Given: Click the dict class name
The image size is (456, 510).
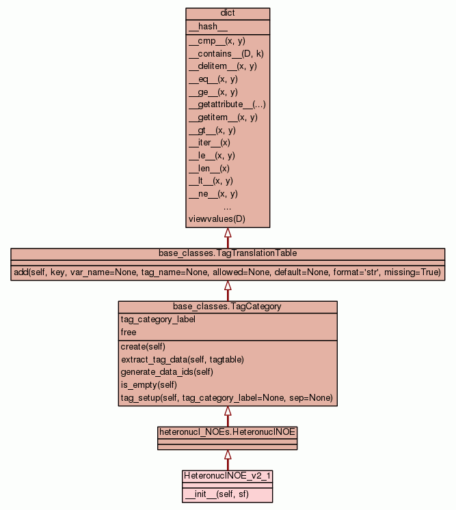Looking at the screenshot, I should (x=228, y=14).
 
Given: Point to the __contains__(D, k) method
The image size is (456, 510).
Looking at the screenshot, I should (x=222, y=53).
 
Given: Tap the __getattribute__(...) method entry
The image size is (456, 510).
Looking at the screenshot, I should (x=227, y=104).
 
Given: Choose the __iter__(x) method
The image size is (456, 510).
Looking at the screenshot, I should (x=209, y=143).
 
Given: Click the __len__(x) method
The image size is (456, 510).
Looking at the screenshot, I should (x=209, y=168).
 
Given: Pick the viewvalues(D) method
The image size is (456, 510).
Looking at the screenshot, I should (x=217, y=219).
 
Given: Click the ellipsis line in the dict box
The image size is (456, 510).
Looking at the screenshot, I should (x=228, y=206).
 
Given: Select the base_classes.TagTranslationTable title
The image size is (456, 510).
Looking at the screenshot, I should (x=228, y=253).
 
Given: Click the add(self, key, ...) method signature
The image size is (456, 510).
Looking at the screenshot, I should (x=228, y=272).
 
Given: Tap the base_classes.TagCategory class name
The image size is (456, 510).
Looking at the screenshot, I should (x=227, y=307).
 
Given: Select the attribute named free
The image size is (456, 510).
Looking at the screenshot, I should (x=129, y=332).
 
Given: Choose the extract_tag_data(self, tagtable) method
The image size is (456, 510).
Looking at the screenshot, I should (x=183, y=359).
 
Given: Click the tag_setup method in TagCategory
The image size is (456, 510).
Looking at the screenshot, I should (x=226, y=398).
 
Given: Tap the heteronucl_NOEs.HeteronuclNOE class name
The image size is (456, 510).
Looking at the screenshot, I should (x=228, y=432).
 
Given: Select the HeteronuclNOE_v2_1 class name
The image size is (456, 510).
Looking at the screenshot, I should (x=228, y=474).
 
